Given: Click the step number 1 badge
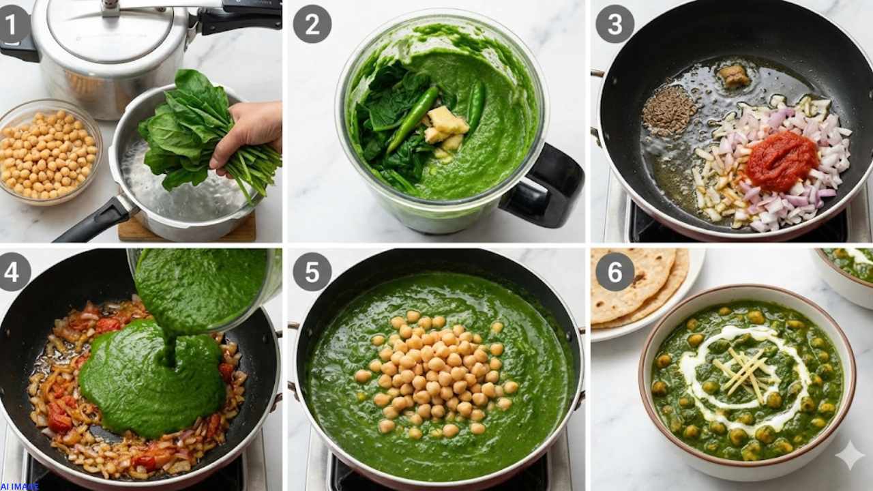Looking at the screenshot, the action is (x=14, y=24).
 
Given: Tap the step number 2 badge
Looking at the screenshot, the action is (x=312, y=24).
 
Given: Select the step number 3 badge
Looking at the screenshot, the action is (x=615, y=24).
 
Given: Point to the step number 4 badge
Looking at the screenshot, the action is (x=14, y=272).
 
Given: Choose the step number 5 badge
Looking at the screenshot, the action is (x=312, y=272).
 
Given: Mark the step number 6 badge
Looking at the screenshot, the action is (x=615, y=272).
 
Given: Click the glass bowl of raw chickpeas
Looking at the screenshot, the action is (x=48, y=152).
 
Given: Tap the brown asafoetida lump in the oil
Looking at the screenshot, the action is (x=735, y=76).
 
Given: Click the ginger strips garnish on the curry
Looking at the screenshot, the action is (x=745, y=373).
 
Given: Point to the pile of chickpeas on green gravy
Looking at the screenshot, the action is (x=436, y=373).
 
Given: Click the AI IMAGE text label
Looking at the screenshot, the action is (x=20, y=486).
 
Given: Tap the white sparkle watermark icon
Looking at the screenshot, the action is (x=850, y=455).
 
